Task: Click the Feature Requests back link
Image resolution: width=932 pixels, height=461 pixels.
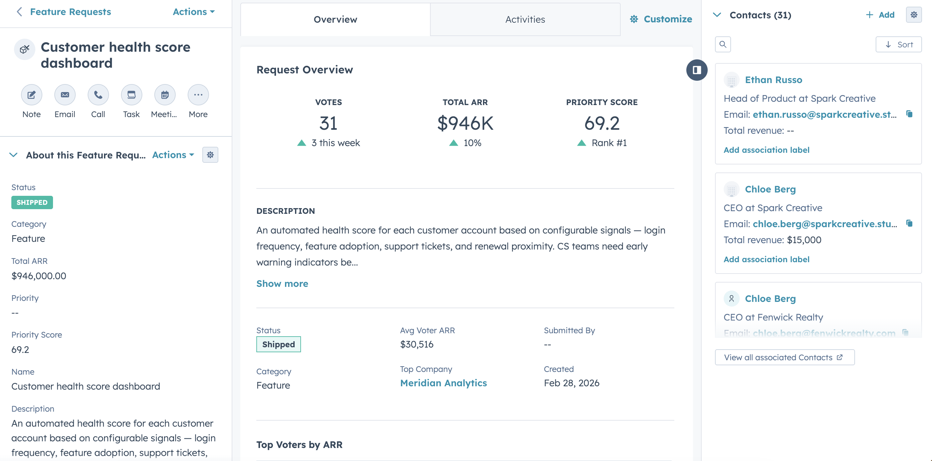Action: point(70,12)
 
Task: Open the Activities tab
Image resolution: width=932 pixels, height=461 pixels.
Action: point(525,20)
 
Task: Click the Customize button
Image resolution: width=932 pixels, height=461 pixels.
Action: point(661,19)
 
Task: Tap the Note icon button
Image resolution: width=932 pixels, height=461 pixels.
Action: point(31,95)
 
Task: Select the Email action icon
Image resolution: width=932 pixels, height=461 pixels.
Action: point(65,95)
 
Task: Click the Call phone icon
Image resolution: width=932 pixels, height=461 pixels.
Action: point(98,95)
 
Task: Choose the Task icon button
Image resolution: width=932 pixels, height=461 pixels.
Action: point(131,95)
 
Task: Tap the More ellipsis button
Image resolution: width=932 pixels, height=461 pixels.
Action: point(198,95)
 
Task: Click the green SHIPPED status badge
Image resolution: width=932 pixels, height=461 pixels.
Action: point(32,202)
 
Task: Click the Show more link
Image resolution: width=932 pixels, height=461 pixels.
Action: point(282,284)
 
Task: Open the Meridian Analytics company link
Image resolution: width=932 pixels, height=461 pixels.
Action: point(443,383)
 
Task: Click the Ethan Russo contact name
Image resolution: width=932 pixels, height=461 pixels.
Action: point(773,80)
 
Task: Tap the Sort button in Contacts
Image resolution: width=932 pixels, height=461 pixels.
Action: point(898,45)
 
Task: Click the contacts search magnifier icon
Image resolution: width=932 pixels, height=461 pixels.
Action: point(723,45)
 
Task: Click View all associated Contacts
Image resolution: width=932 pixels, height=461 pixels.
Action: point(784,358)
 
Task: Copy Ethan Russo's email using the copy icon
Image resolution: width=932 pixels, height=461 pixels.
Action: point(909,114)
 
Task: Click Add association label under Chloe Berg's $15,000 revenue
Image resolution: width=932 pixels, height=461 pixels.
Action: point(766,259)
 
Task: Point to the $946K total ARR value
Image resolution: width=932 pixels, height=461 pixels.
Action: point(465,123)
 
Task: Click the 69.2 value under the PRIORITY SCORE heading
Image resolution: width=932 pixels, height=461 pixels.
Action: point(602,123)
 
